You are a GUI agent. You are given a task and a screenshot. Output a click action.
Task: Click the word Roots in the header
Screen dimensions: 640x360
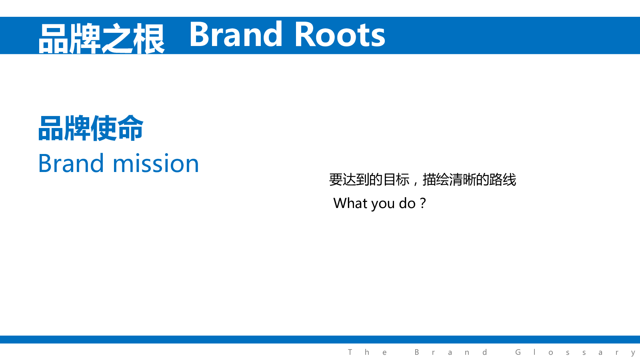click(x=340, y=34)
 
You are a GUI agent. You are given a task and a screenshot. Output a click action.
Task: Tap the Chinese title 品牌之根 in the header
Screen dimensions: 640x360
click(x=102, y=38)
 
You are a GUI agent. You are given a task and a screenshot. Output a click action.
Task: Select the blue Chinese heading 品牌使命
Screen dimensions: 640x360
click(x=90, y=128)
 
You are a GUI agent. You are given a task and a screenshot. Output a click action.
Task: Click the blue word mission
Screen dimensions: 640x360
click(x=156, y=164)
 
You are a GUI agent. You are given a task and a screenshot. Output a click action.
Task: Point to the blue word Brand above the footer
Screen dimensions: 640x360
click(x=71, y=163)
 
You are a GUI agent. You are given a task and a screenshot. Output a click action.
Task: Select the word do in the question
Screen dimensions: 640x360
click(x=407, y=203)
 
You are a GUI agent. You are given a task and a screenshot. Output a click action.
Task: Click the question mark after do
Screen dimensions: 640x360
click(x=423, y=203)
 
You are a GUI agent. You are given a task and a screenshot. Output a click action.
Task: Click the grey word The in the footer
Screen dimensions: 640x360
click(x=367, y=352)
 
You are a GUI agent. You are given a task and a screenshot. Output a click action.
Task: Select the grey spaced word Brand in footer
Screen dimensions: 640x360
click(x=451, y=352)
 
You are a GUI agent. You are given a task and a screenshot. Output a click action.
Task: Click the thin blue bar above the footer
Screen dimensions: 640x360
click(x=320, y=340)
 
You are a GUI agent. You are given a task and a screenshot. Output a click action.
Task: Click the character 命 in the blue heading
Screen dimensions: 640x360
click(x=130, y=128)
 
